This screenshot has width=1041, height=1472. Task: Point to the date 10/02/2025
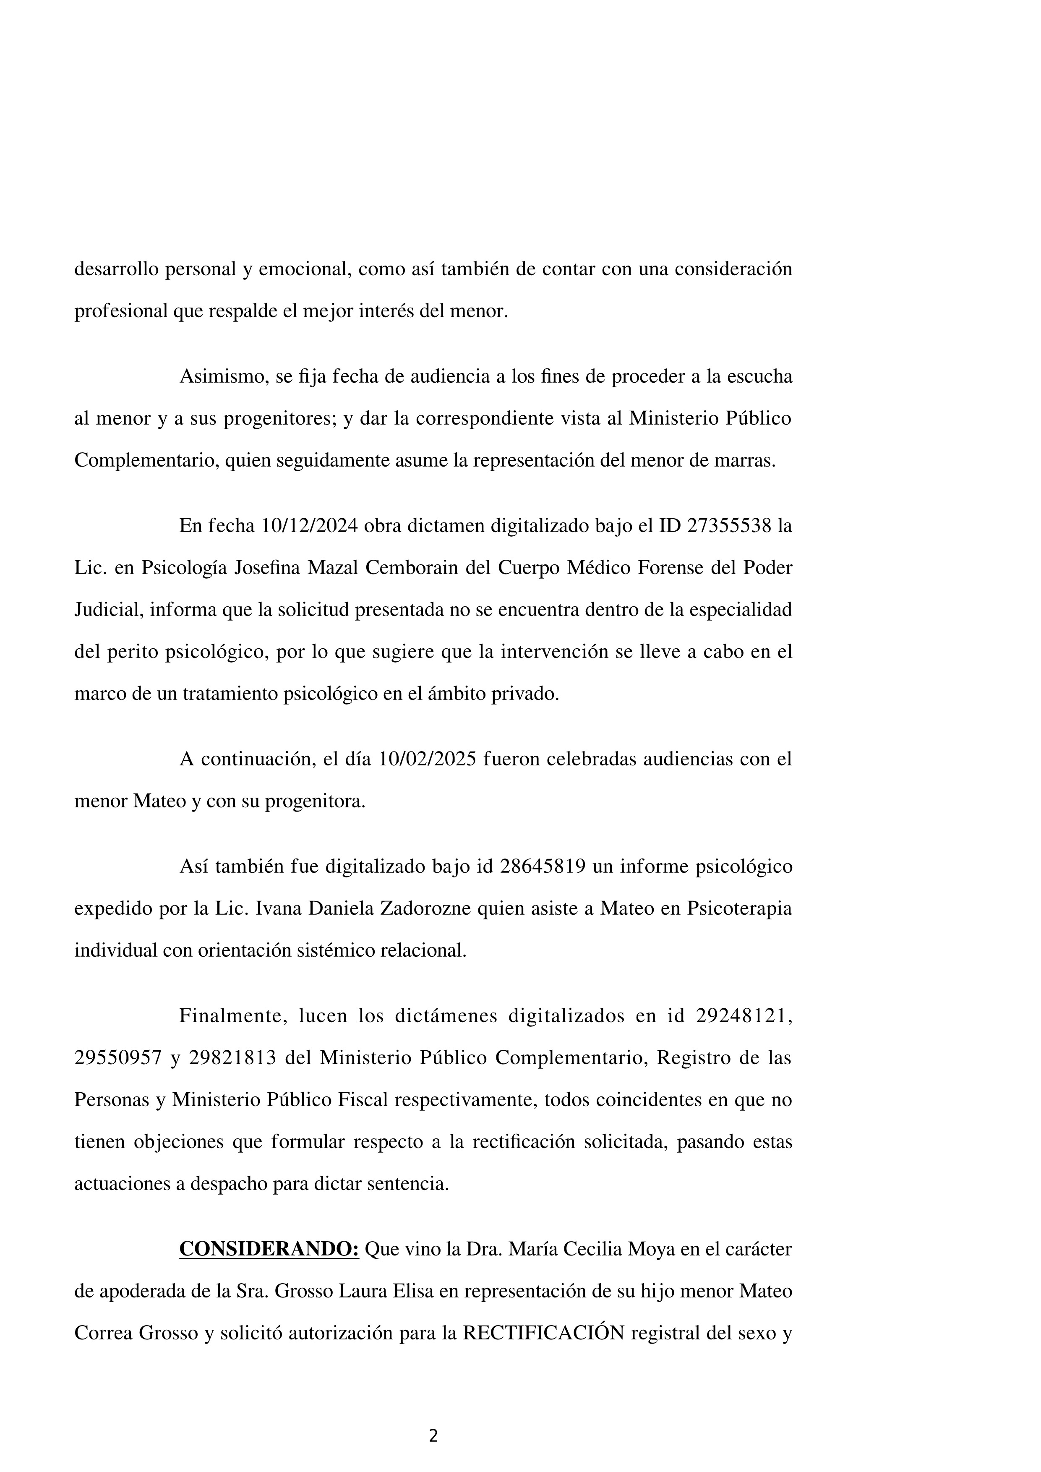426,759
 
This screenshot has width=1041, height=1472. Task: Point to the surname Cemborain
407,568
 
